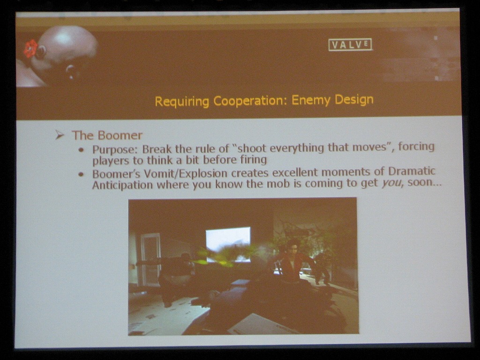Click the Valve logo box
click(x=350, y=45)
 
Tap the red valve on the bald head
click(x=30, y=48)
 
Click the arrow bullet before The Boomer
click(x=60, y=135)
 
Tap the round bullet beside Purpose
click(x=81, y=150)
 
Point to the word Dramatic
click(x=412, y=171)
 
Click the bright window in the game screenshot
click(x=228, y=244)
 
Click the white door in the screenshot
click(x=150, y=260)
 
